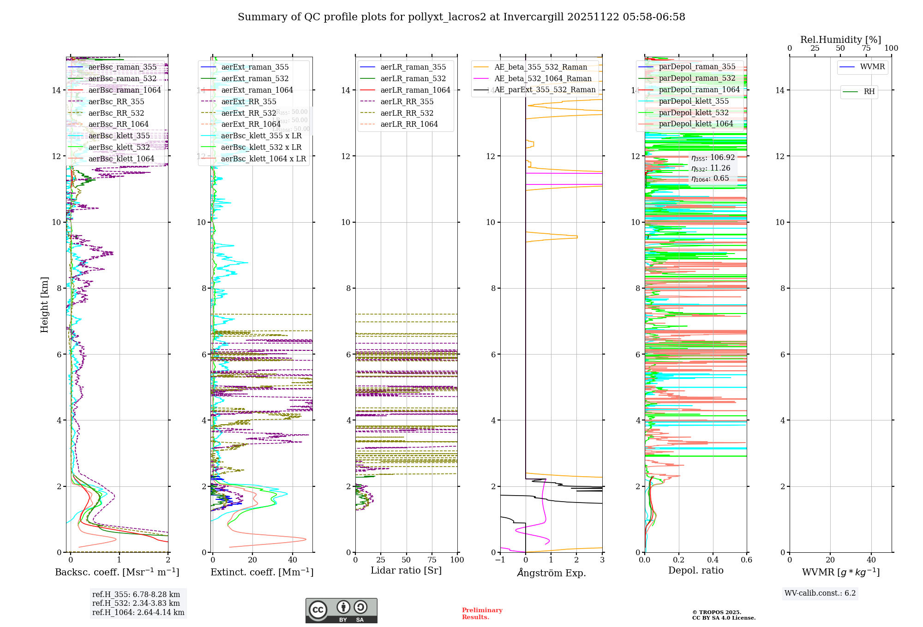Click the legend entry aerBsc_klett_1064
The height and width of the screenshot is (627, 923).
pos(121,159)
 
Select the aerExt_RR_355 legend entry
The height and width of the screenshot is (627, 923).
pos(248,101)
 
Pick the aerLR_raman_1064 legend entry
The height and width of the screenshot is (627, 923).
pos(415,90)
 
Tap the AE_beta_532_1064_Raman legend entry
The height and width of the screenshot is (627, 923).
pos(543,78)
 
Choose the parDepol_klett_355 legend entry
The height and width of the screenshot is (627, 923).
pos(694,101)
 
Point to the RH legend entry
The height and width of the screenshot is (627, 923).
pos(869,92)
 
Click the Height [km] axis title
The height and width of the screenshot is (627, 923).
pos(44,304)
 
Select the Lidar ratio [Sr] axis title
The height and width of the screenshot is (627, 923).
pos(406,570)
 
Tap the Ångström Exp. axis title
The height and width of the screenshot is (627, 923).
pos(551,573)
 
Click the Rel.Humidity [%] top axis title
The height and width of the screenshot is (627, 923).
pos(840,40)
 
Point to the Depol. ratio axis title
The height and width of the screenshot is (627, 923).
pos(695,570)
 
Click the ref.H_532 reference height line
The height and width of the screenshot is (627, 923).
pos(136,603)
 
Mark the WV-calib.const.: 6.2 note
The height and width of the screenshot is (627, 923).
pos(820,593)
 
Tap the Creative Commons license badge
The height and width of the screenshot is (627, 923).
pos(341,610)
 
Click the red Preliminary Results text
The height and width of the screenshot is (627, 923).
pos(482,613)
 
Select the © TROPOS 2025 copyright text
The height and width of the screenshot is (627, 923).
pos(716,612)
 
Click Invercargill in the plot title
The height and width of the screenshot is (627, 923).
pos(534,17)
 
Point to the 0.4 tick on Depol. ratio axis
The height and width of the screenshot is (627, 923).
pos(713,560)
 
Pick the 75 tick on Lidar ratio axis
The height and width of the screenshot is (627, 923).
pos(432,560)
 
